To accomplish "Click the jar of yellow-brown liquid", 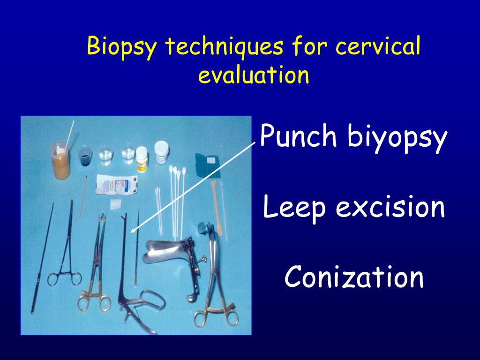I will [60, 162].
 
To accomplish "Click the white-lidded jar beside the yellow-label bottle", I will [161, 152].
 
